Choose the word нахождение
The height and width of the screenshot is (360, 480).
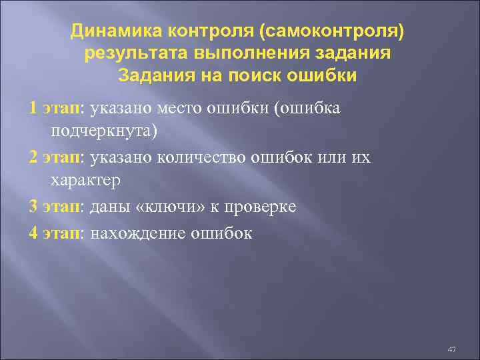[x=136, y=232]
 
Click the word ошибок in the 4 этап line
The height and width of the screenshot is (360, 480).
[x=223, y=232]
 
